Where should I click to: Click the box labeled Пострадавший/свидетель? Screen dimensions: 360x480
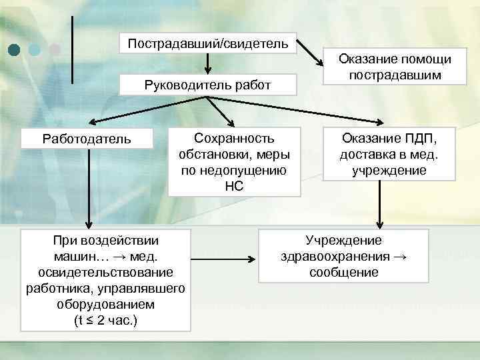point(208,45)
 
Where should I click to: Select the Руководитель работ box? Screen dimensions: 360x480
point(208,85)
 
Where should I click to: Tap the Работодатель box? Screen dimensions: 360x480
point(87,139)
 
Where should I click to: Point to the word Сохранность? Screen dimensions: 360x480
point(233,138)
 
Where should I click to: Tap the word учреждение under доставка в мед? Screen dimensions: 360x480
point(389,170)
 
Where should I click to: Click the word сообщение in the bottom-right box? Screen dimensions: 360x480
point(343,272)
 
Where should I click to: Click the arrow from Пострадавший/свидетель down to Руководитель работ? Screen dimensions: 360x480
point(208,64)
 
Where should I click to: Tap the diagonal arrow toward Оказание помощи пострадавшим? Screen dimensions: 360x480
point(308,51)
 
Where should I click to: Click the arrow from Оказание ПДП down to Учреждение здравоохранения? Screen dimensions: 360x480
point(379,203)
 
